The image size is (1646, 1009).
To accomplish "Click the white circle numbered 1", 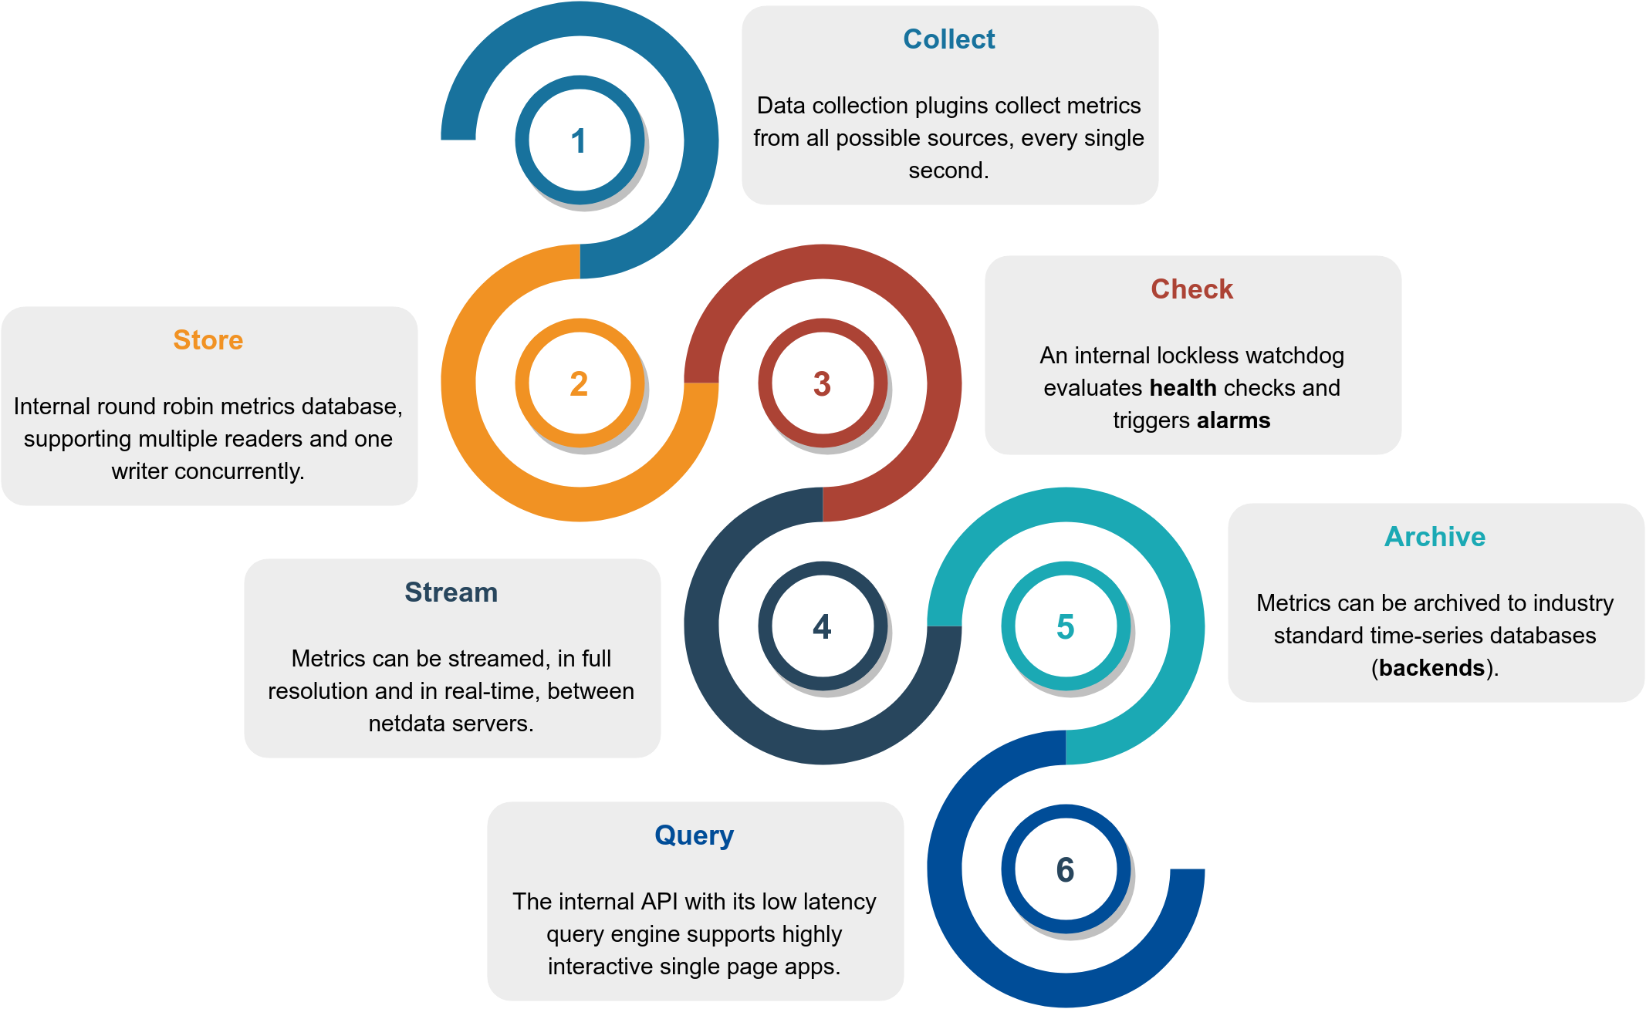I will (579, 140).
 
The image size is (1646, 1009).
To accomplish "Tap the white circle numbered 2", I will (579, 383).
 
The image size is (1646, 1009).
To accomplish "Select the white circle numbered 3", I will (822, 383).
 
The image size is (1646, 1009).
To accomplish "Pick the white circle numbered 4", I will (822, 626).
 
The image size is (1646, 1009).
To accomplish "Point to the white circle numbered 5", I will (1065, 626).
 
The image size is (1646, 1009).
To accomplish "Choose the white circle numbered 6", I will (1065, 869).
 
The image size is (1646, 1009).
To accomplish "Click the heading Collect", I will (949, 39).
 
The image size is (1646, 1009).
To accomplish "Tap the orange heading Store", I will (208, 340).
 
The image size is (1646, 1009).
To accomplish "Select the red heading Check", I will (1192, 289).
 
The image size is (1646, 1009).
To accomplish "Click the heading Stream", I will (451, 592).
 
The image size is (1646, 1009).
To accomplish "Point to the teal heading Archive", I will (1435, 537).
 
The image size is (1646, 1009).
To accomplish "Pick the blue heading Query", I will (695, 835).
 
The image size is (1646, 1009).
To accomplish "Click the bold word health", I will (1183, 388).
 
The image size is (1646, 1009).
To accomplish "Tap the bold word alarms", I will (1234, 420).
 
